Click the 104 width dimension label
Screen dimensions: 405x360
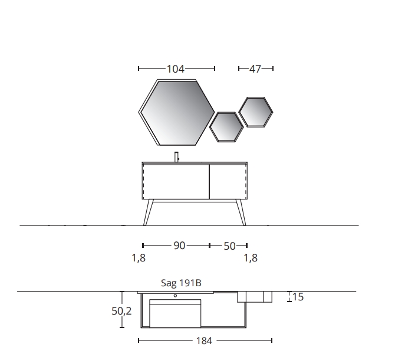175,69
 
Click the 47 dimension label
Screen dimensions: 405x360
255,69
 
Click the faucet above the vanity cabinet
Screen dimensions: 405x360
177,157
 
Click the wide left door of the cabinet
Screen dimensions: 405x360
176,181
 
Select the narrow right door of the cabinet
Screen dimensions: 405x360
228,181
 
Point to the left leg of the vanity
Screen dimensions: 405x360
148,212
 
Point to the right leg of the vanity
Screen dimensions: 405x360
241,212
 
